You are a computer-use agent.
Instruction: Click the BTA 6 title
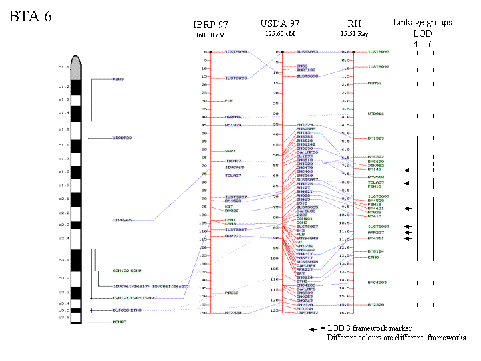[31, 17]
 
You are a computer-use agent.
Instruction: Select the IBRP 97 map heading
[211, 25]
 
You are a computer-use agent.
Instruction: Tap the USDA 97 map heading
[280, 24]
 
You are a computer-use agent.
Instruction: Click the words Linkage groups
[422, 23]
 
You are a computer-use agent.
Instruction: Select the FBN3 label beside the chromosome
[118, 80]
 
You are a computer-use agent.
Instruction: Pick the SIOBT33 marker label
[122, 138]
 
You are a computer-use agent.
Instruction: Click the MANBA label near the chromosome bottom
[119, 322]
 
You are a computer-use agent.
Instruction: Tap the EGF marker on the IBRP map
[229, 101]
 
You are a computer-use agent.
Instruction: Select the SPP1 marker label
[230, 151]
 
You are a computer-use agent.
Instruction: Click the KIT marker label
[229, 207]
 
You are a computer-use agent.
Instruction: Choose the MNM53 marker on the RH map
[375, 84]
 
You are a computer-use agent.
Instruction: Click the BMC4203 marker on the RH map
[378, 283]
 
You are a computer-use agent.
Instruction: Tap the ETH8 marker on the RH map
[373, 257]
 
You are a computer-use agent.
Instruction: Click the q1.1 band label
[63, 68]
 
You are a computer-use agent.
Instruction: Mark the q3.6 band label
[63, 318]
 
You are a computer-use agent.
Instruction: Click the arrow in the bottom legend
[313, 329]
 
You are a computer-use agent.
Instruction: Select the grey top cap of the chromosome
[76, 67]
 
